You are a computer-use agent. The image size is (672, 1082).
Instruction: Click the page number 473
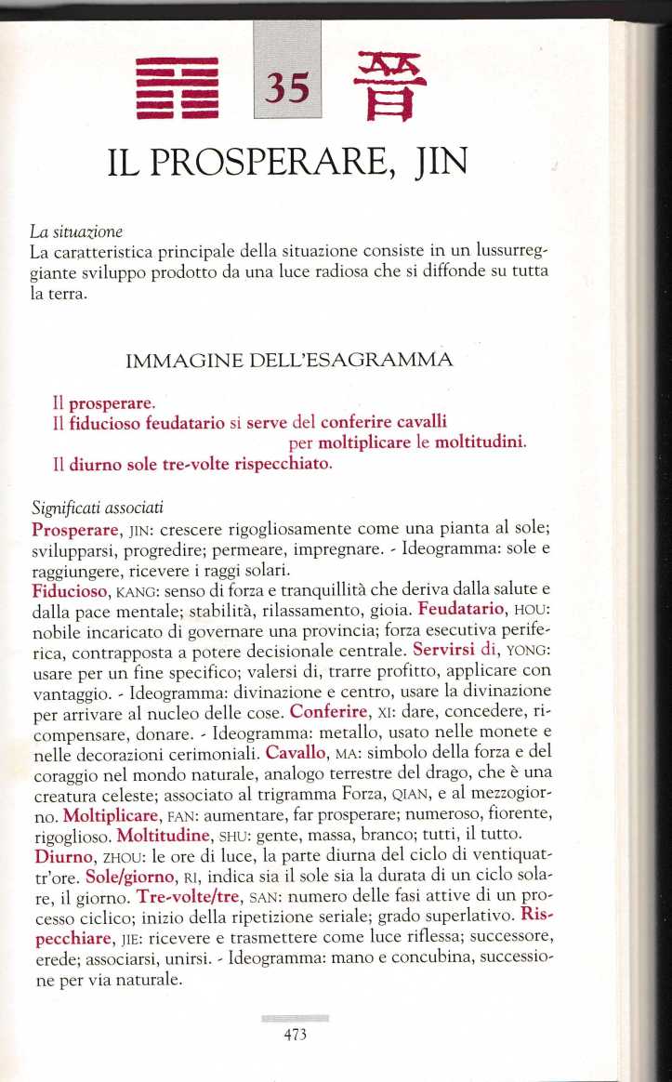(x=295, y=1034)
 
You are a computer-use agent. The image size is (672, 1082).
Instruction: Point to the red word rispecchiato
(x=282, y=463)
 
